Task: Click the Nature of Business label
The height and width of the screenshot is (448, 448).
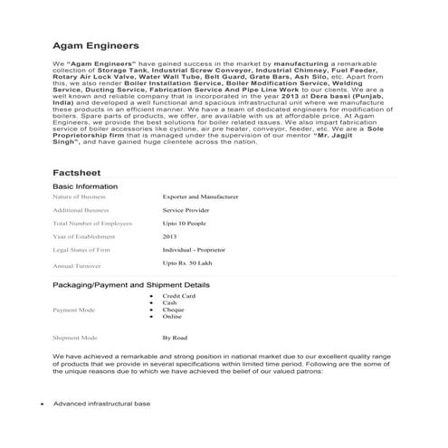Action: [x=80, y=195]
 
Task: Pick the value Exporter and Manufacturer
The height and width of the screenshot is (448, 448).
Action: [x=200, y=195]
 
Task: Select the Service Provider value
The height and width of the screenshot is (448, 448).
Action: [x=186, y=209]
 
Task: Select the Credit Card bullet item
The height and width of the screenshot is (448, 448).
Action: [x=178, y=296]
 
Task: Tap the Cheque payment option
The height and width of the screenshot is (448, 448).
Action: [x=174, y=310]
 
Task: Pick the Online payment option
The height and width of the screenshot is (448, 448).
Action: [x=172, y=317]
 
